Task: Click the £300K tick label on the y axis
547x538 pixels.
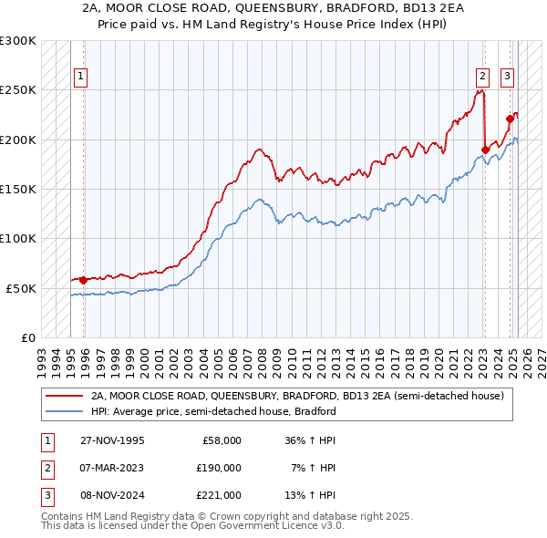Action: point(18,41)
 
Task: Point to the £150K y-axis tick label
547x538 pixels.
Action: point(18,189)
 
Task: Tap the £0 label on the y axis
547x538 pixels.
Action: point(27,337)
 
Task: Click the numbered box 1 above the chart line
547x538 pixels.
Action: point(82,78)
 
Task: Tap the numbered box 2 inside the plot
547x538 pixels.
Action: point(482,78)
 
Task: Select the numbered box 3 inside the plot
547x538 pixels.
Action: point(507,78)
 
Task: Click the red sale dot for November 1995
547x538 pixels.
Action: point(84,280)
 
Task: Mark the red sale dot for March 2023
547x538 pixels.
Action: point(485,150)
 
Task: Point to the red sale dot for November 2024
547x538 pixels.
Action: point(510,119)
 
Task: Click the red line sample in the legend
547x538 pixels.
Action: point(64,396)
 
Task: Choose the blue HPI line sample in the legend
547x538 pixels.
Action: point(64,411)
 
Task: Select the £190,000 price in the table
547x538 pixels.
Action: point(219,468)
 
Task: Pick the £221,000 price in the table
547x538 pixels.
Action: point(219,495)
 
